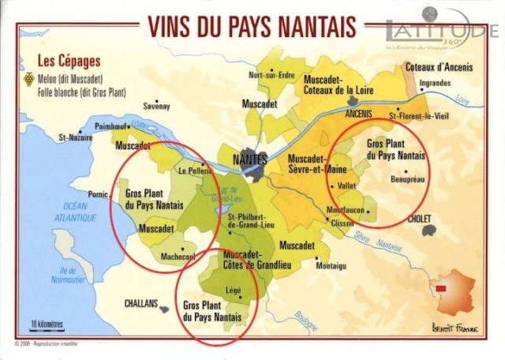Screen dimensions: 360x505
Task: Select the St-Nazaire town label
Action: point(72,137)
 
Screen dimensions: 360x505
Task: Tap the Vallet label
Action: point(347,186)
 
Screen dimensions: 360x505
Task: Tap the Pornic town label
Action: point(98,193)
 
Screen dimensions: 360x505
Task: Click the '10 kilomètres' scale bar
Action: point(47,324)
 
